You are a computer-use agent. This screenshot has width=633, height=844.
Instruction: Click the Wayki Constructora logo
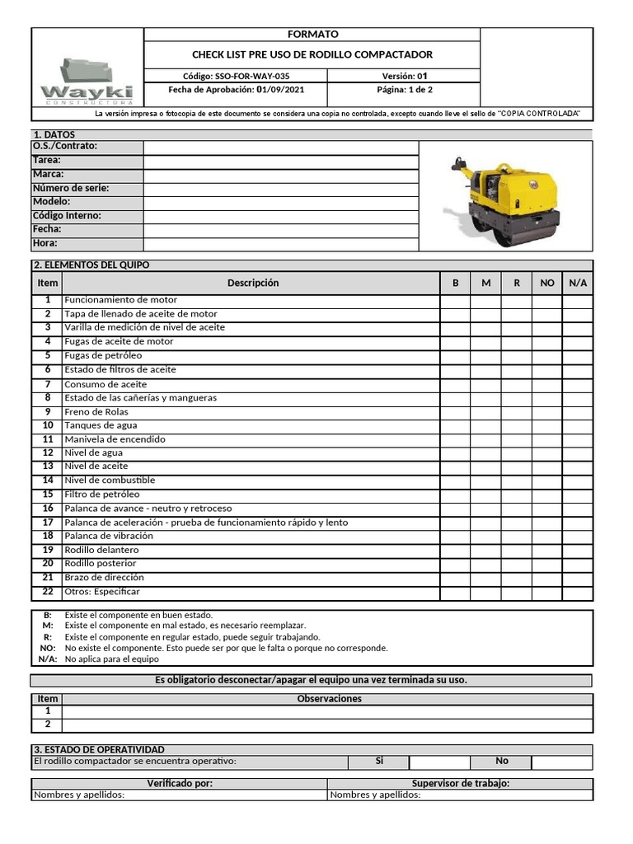(87, 80)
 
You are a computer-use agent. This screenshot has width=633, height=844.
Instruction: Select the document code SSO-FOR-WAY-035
(236, 76)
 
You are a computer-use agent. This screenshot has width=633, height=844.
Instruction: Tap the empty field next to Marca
(281, 175)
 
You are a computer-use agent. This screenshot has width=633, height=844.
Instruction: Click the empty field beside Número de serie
(281, 189)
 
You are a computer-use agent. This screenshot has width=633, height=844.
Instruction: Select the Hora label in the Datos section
(45, 243)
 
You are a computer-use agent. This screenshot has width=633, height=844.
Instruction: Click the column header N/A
(578, 283)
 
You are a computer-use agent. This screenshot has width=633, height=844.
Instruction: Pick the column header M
(485, 283)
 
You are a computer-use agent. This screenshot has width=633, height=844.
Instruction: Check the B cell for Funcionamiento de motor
(455, 300)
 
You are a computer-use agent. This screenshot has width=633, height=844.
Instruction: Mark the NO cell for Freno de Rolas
(547, 412)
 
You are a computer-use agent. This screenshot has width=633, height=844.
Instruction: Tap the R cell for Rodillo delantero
(517, 550)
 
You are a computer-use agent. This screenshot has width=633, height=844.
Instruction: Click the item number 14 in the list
(48, 481)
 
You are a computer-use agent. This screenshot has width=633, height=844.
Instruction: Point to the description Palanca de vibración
(109, 536)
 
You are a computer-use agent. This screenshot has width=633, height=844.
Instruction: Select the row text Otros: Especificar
(102, 592)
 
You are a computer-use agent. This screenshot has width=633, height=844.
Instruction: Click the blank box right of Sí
(439, 762)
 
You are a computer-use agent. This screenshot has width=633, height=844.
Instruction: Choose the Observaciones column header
(329, 699)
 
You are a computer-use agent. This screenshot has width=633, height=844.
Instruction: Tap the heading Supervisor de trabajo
(460, 784)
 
